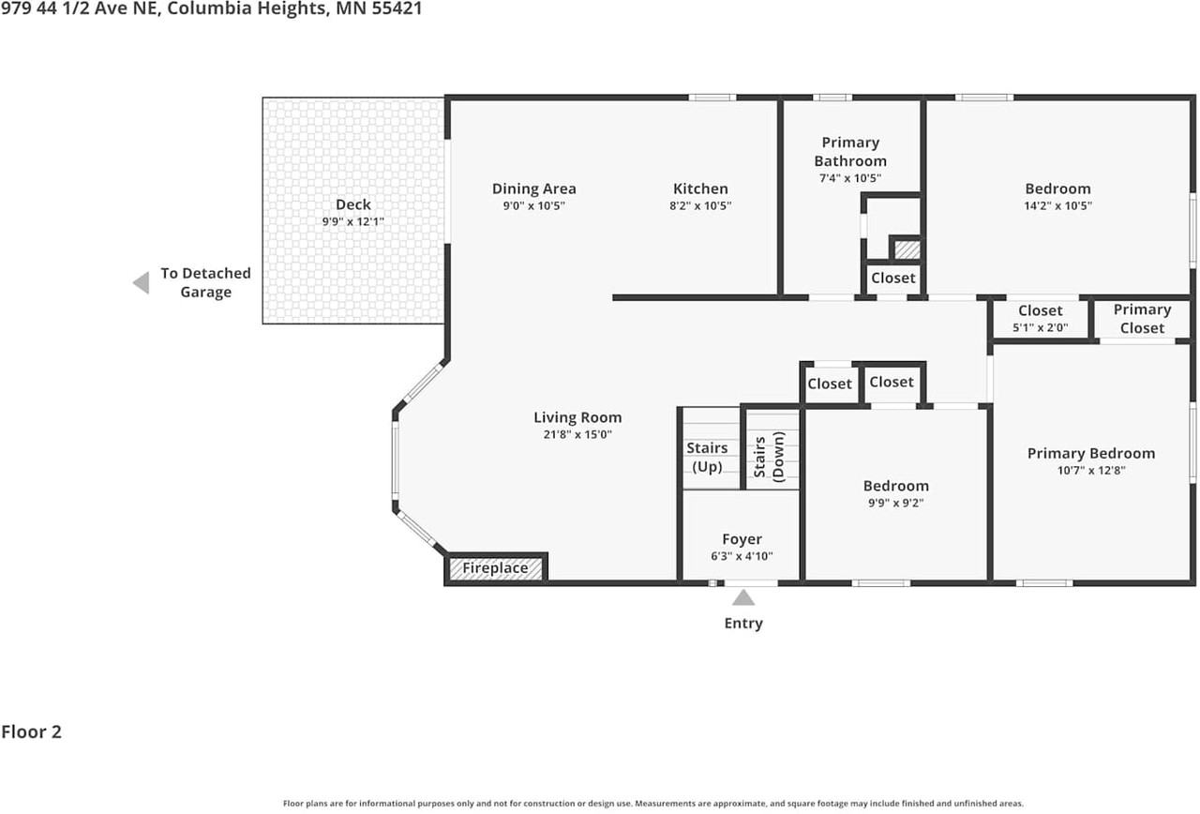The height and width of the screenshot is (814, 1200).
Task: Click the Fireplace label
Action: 495,568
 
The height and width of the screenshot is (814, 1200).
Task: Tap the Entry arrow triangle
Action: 743,597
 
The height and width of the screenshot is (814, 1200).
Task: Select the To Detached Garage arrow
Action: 142,283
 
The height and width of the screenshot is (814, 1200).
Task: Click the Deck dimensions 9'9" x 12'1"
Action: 353,221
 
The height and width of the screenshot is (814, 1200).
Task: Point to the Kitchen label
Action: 700,188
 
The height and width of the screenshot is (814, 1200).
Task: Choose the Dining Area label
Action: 534,188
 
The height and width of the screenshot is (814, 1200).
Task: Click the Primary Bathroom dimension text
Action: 850,178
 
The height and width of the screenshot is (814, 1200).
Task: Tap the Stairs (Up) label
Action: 707,457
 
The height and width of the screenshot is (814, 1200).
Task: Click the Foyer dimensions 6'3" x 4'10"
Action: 742,556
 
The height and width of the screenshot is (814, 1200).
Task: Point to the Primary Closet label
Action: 1142,319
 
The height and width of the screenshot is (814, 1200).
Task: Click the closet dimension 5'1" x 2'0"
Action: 1041,327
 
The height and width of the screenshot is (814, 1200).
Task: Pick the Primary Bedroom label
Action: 1091,453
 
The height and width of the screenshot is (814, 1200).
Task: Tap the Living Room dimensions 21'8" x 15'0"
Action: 577,434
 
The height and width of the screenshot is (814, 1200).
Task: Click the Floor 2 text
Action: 32,732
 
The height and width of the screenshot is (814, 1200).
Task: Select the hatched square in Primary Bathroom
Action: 907,249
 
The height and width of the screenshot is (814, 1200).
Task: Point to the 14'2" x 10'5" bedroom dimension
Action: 1058,205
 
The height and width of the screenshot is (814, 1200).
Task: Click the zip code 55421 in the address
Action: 397,8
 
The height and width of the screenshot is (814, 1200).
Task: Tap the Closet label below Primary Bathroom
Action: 893,279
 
